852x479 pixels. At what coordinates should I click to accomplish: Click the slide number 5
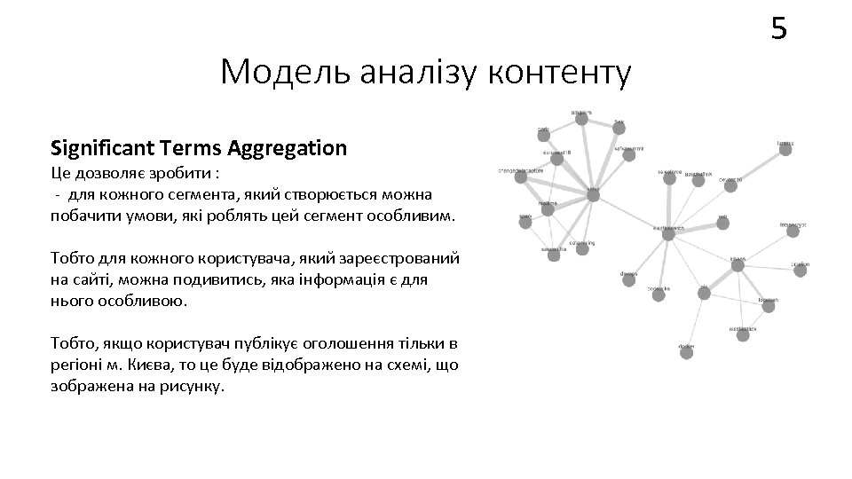(x=778, y=30)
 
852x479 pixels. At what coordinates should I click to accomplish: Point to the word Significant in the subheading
(x=99, y=147)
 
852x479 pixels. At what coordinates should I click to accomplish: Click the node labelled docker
(x=686, y=352)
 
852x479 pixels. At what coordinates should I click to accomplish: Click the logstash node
(x=769, y=309)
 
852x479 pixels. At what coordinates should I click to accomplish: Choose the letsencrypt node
(x=793, y=234)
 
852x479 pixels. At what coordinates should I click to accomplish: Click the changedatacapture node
(x=520, y=177)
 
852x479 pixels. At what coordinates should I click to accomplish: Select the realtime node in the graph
(x=547, y=212)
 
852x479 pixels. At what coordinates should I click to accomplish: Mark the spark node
(x=525, y=223)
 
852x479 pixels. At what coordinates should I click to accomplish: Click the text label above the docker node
(x=686, y=344)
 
